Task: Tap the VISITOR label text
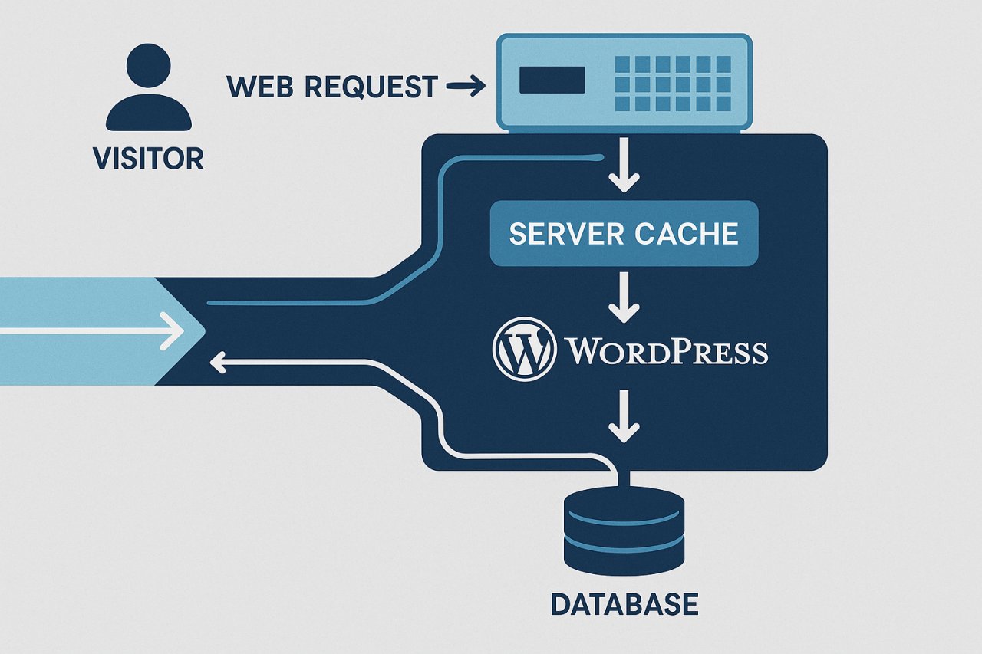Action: [148, 158]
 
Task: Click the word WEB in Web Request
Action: [262, 87]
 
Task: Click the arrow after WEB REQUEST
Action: [466, 87]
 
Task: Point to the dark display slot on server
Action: [552, 80]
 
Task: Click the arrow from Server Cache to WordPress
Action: [624, 301]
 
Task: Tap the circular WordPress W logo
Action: [524, 350]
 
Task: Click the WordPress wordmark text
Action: [666, 352]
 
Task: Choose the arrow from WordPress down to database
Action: [624, 419]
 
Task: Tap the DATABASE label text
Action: [624, 604]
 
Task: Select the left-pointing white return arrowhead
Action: [219, 362]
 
